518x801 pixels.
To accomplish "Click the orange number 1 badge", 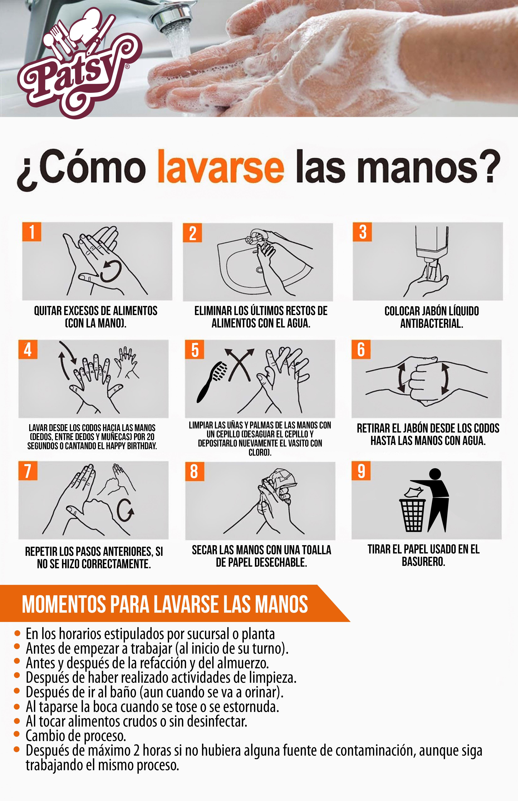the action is click(x=32, y=232).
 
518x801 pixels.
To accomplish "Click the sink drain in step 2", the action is click(x=259, y=270).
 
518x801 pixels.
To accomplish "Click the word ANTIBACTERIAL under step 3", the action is click(x=432, y=323).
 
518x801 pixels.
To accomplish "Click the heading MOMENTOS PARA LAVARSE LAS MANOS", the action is click(x=165, y=604).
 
